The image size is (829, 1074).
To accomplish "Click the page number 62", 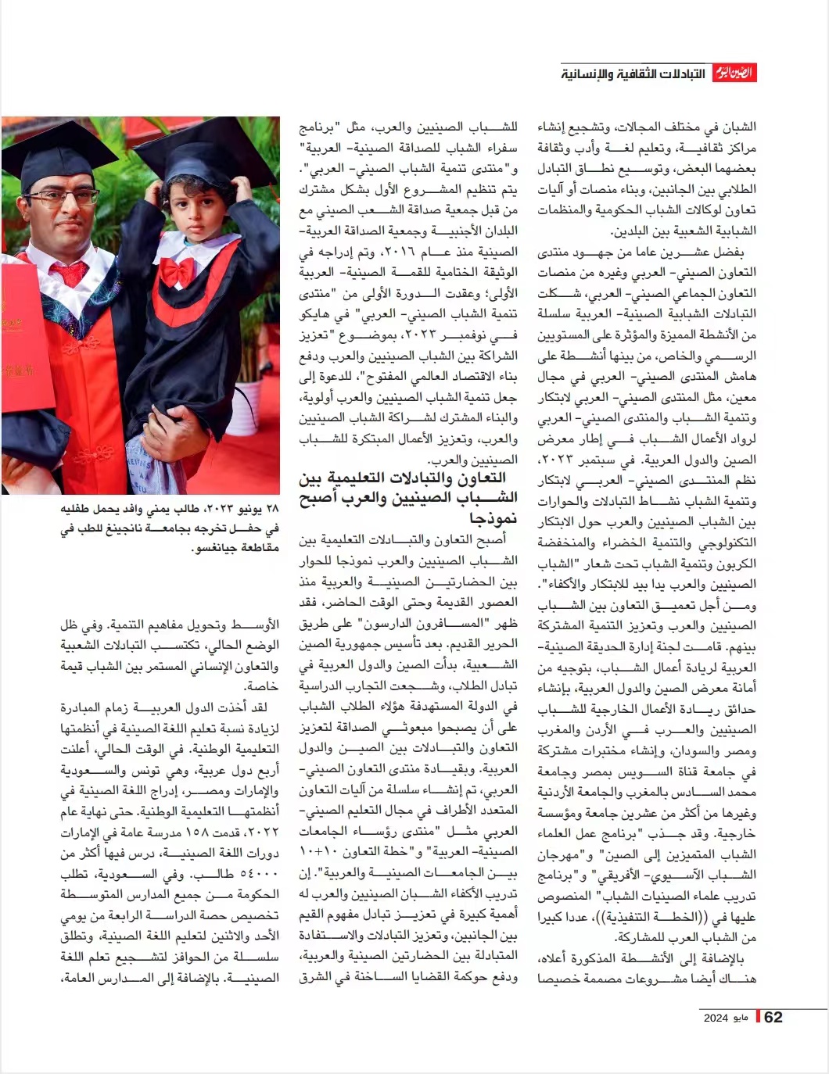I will coord(773,1017).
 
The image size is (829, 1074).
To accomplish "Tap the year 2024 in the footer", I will coord(716,1018).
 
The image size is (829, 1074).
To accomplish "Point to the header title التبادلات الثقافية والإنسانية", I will coord(633,74).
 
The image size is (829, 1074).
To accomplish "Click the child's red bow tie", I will coord(178,270).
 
